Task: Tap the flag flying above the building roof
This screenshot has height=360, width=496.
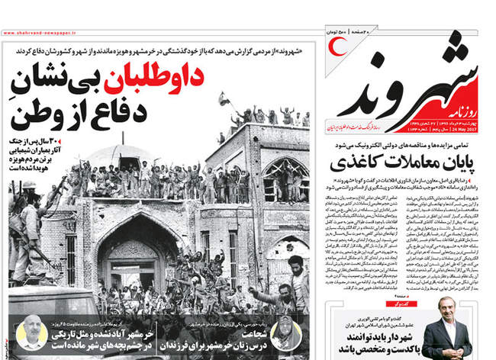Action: coord(224,98)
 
